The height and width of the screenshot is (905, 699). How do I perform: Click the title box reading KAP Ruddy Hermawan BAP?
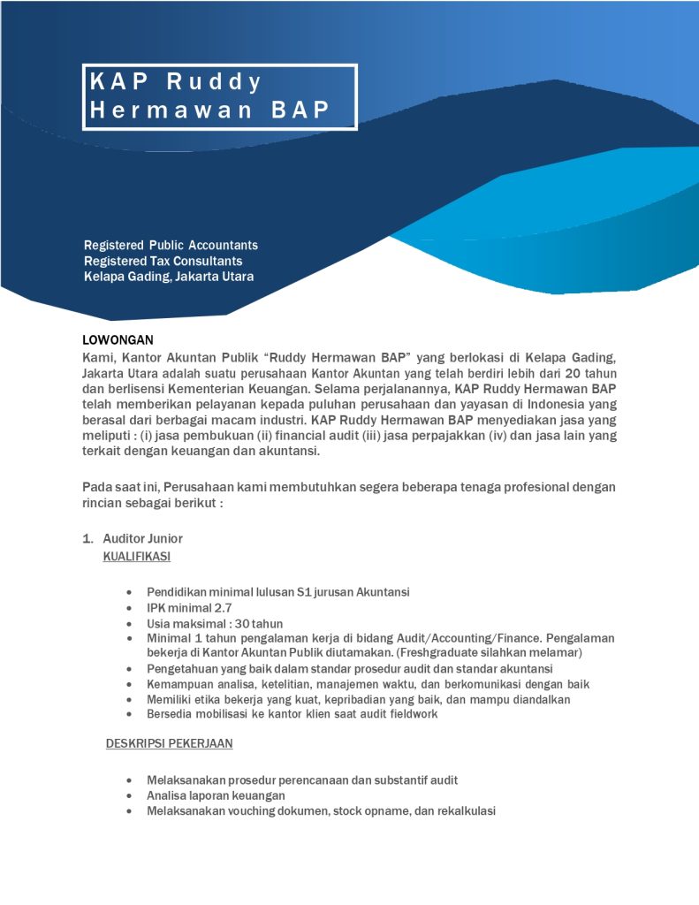click(219, 96)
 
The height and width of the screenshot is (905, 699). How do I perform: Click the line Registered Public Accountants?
click(171, 245)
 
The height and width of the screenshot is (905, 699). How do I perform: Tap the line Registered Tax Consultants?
click(163, 261)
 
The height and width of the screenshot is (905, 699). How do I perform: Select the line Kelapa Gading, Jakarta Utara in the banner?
click(169, 277)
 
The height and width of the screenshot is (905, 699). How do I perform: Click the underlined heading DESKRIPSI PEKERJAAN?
click(169, 743)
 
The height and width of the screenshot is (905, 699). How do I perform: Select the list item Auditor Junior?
click(142, 538)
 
